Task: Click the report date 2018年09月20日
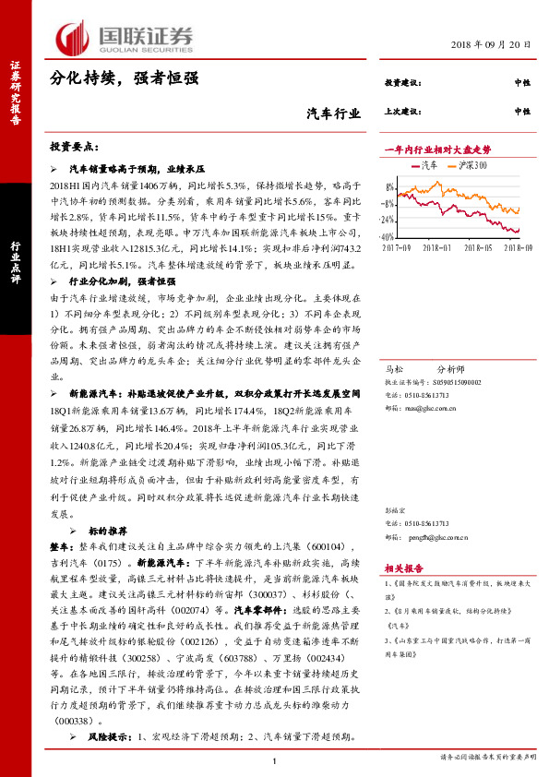click(492, 44)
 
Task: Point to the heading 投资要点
click(75, 148)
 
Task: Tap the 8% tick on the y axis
click(390, 186)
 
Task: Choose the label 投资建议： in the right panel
click(401, 83)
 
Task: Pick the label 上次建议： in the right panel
click(401, 111)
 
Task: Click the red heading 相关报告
click(403, 569)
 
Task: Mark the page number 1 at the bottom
click(275, 760)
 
